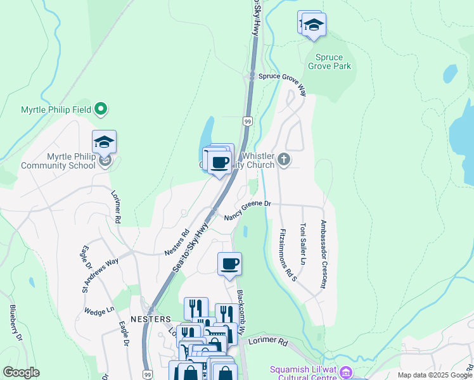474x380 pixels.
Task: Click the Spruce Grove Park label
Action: point(329,61)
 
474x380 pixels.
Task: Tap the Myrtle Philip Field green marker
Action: point(101,110)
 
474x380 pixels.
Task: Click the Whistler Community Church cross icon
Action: point(284,160)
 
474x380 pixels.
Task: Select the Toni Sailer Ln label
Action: point(303,244)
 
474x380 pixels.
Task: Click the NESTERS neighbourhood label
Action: point(151,319)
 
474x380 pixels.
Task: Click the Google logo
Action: point(22,372)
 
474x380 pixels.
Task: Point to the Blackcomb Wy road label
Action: point(241,310)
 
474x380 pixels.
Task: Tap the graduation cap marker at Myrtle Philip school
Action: point(104,142)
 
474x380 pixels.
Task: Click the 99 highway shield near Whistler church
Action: point(247,120)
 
